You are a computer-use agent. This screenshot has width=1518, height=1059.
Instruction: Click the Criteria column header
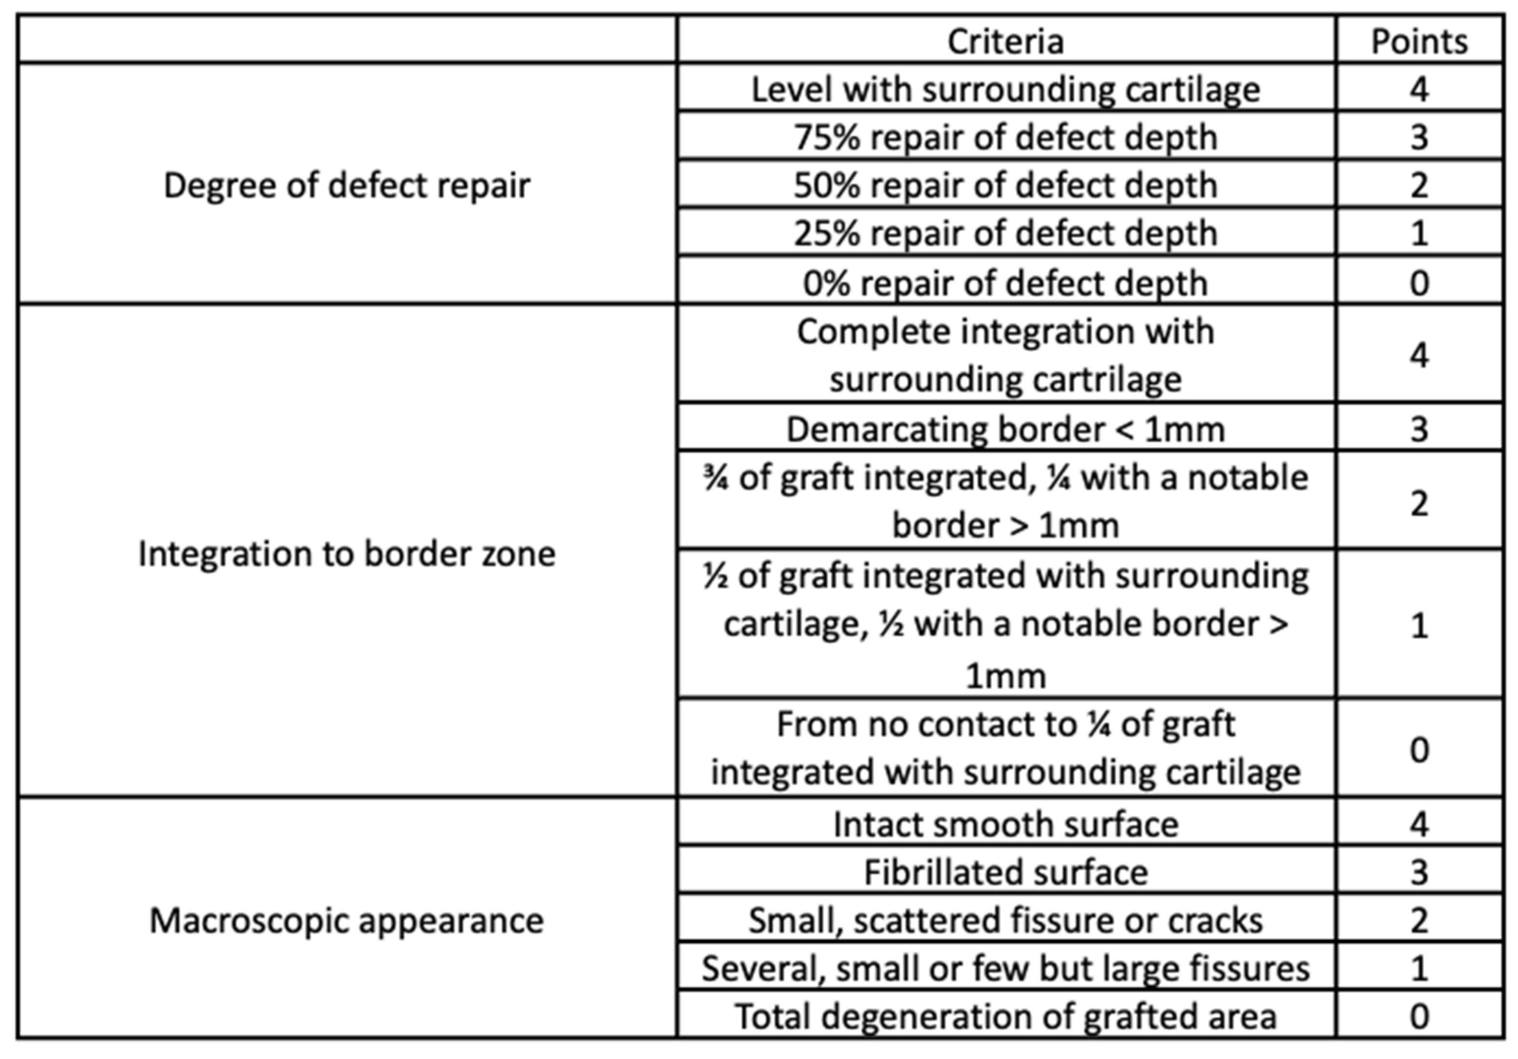tap(1005, 41)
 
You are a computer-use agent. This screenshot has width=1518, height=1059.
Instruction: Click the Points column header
tap(1419, 41)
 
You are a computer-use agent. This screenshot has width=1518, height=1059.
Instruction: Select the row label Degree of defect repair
tap(347, 185)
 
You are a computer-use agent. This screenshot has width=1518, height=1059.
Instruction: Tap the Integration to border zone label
tap(347, 553)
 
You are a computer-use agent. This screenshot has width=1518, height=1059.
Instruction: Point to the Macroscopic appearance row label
tap(347, 920)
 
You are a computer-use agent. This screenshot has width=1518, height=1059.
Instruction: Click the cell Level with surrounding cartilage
tap(1005, 89)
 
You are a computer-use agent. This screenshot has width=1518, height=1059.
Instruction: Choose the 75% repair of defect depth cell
tap(1005, 137)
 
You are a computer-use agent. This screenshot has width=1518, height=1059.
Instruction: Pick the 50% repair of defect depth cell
tap(1005, 185)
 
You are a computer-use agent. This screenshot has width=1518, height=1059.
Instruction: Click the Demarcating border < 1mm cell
tap(1005, 429)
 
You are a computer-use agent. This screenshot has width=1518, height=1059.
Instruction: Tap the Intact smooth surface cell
tap(1005, 824)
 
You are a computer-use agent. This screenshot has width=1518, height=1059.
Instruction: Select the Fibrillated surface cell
tap(1005, 872)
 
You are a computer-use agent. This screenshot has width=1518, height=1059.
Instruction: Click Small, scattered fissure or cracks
tap(1005, 920)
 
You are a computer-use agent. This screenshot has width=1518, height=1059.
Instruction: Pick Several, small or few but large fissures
tap(1005, 968)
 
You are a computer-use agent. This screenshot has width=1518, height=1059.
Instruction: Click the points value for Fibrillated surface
tap(1419, 872)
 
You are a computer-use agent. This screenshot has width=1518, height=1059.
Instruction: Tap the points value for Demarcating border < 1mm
tap(1419, 429)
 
